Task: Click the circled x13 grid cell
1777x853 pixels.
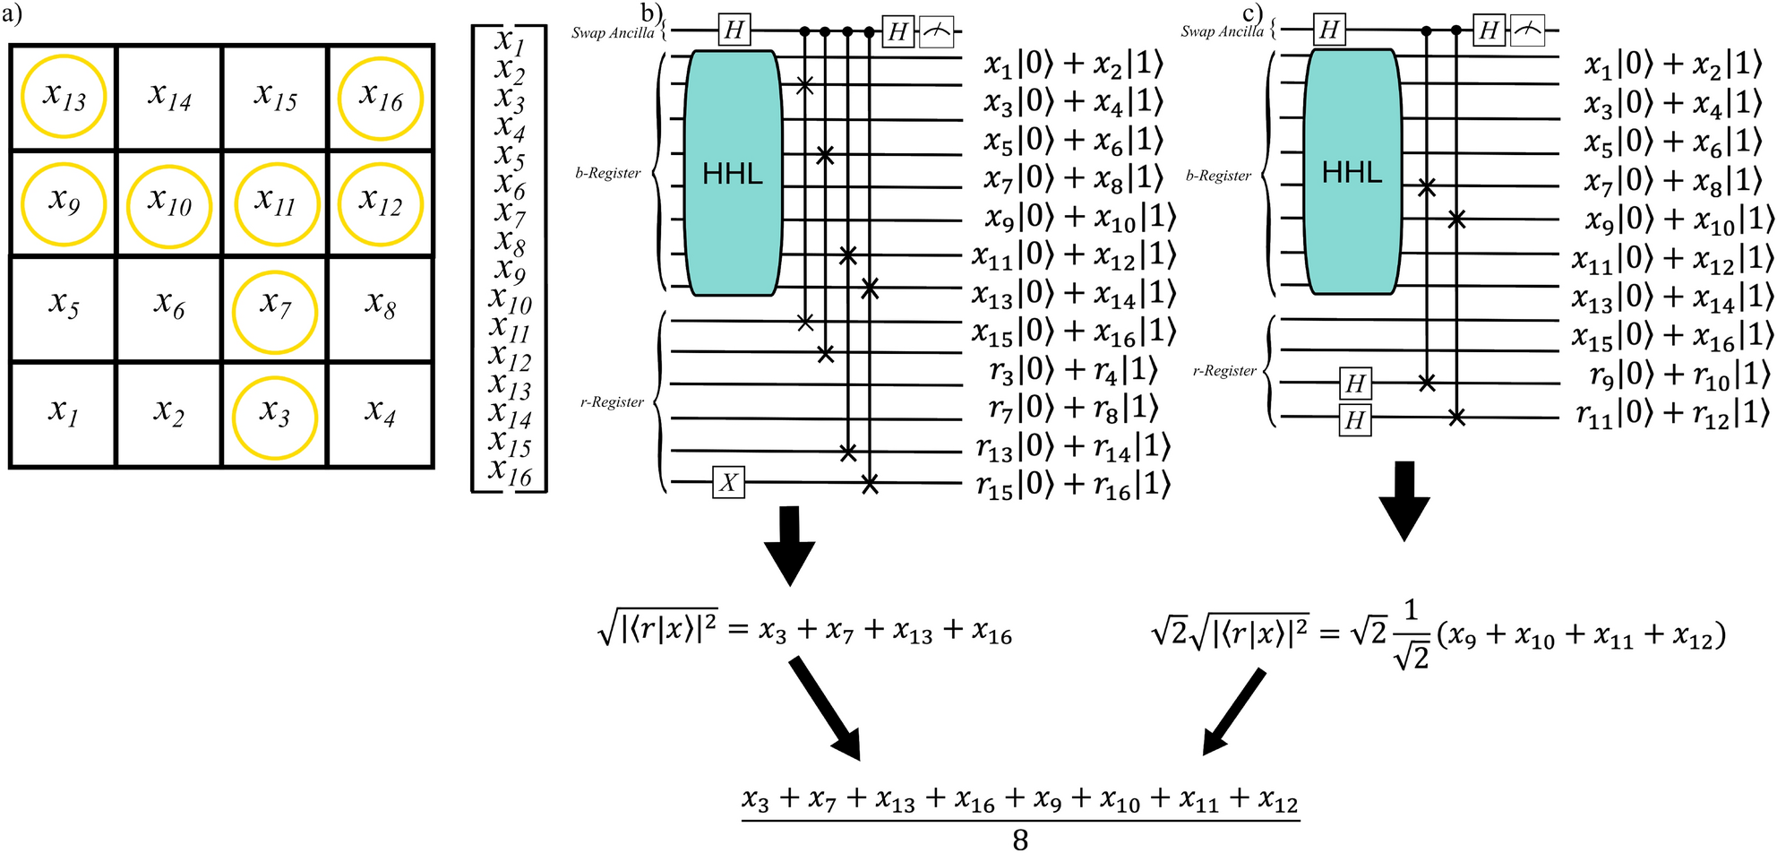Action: coord(64,97)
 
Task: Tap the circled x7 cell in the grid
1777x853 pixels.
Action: coord(274,309)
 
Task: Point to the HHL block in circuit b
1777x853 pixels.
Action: coord(733,174)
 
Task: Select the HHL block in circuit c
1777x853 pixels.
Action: coord(1352,172)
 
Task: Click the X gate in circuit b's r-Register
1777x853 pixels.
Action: coord(728,483)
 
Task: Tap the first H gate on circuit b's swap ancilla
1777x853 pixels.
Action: coord(734,30)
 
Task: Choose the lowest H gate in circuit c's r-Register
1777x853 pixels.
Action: coord(1354,419)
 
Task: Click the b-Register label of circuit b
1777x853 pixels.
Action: coord(608,173)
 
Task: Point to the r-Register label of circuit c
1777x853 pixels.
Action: coord(1224,370)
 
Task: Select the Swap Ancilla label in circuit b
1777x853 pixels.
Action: coord(614,33)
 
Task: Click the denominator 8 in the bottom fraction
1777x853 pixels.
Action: coord(1020,839)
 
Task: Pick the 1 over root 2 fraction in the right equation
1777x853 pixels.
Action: coord(1411,634)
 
